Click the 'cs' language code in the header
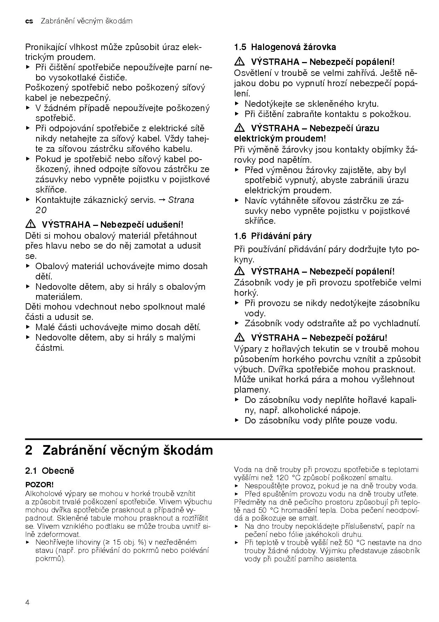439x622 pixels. pyautogui.click(x=29, y=21)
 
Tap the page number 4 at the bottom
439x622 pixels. pyautogui.click(x=28, y=602)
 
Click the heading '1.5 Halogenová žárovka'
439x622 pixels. pyautogui.click(x=285, y=47)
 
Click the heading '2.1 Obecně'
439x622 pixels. pyautogui.click(x=50, y=471)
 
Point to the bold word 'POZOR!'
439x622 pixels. pyautogui.click(x=39, y=484)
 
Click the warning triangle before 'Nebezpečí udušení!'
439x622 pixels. pyautogui.click(x=31, y=224)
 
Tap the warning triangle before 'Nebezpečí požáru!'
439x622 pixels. pyautogui.click(x=240, y=337)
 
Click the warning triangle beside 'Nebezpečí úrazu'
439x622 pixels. pyautogui.click(x=240, y=128)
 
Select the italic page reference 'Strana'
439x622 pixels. pyautogui.click(x=181, y=200)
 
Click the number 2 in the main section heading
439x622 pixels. pyautogui.click(x=29, y=450)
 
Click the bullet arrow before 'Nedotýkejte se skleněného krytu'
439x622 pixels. pyautogui.click(x=237, y=104)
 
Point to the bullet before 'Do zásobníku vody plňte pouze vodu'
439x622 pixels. pyautogui.click(x=237, y=421)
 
